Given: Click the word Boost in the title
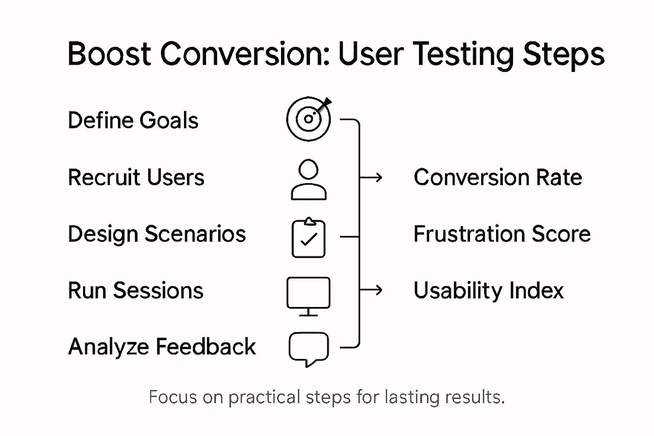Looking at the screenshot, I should [109, 54].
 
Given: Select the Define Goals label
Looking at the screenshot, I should [133, 120].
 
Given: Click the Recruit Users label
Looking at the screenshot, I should [136, 178].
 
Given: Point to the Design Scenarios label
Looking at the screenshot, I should [157, 234].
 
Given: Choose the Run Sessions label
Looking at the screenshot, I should [135, 291].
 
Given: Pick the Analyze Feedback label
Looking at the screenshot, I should [162, 347].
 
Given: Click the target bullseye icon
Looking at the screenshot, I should [308, 119].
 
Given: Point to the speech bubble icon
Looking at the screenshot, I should [309, 348].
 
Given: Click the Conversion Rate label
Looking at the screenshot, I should [497, 178].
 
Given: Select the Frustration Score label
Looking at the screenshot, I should [502, 234].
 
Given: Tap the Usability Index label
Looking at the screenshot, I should [488, 291].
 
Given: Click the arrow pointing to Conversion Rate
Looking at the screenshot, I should [371, 177].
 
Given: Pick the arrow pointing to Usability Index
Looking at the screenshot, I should [371, 290].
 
